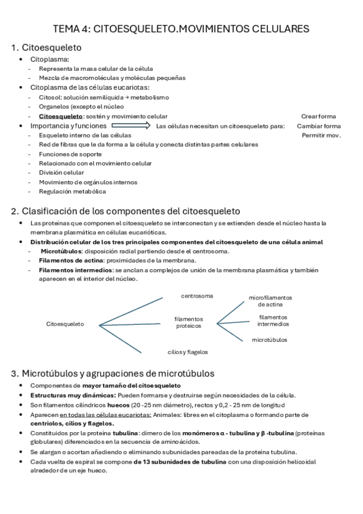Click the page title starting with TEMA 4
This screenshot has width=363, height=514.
pos(181,28)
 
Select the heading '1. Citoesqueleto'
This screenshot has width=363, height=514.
pos(47,47)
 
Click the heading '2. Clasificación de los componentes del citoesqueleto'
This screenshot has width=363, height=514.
pos(126,211)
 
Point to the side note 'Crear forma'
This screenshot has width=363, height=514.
pos(318,116)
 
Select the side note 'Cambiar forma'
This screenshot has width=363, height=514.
pos(319,126)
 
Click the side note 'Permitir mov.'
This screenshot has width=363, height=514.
pos(321,135)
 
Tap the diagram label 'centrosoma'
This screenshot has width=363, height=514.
pos(197,296)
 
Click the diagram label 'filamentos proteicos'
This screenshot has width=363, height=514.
pos(188,322)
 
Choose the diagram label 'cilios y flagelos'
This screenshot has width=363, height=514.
pos(188,352)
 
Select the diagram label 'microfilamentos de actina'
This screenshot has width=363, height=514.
pos(270,301)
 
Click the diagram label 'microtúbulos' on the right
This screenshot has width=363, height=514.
pos(270,339)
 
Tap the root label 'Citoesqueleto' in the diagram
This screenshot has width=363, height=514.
pos(65,324)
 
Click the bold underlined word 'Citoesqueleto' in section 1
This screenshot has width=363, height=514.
pos(60,116)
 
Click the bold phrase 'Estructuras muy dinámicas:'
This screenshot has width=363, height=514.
pos(68,395)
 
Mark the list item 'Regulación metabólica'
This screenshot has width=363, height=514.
pos(72,192)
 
